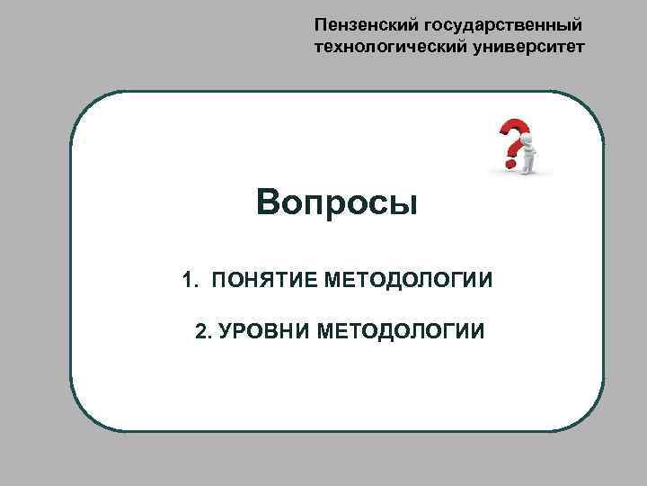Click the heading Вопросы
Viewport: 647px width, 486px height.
click(x=337, y=202)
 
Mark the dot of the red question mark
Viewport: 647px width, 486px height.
click(x=510, y=165)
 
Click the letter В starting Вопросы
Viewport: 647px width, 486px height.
click(x=267, y=202)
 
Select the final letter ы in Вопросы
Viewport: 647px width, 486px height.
click(x=406, y=203)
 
